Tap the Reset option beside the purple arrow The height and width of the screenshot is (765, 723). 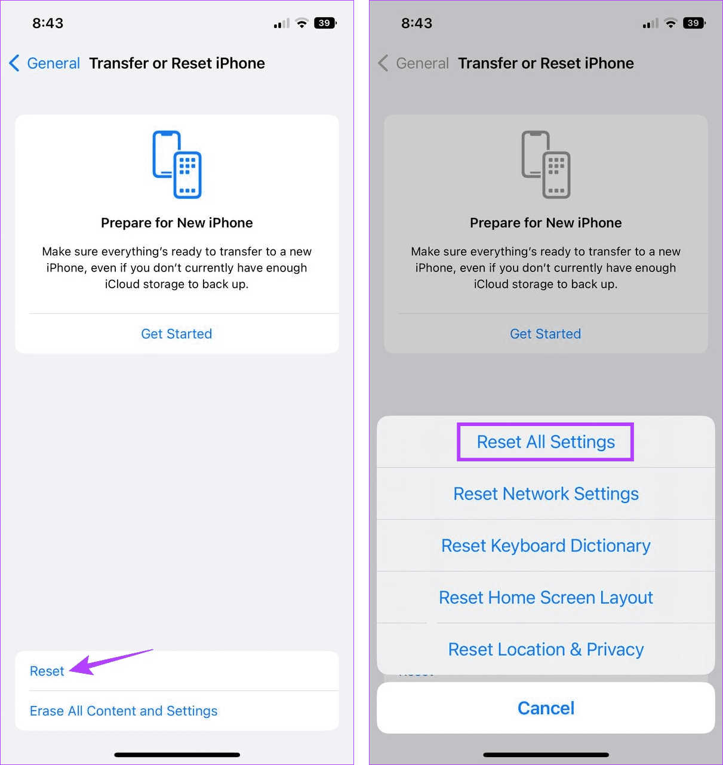[47, 671]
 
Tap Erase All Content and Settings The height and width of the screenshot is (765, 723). [124, 711]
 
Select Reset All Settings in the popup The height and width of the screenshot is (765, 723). [546, 442]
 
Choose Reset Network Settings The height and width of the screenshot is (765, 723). [546, 494]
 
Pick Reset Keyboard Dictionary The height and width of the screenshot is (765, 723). [546, 546]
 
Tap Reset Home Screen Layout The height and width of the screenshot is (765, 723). [546, 598]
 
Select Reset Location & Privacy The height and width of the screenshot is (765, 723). [546, 649]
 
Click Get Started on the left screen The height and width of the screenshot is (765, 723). [177, 334]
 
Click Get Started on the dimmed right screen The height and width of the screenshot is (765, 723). [545, 334]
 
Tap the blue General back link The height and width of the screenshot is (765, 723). [45, 63]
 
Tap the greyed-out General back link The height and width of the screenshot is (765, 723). [414, 63]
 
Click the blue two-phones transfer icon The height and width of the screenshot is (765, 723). [177, 165]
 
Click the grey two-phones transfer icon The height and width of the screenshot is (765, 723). [546, 165]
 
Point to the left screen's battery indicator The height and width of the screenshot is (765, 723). [325, 23]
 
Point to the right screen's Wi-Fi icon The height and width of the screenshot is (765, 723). [671, 23]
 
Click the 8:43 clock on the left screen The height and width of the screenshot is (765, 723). [48, 23]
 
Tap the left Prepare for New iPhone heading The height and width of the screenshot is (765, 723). [177, 223]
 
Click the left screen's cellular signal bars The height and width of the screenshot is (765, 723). [281, 24]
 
